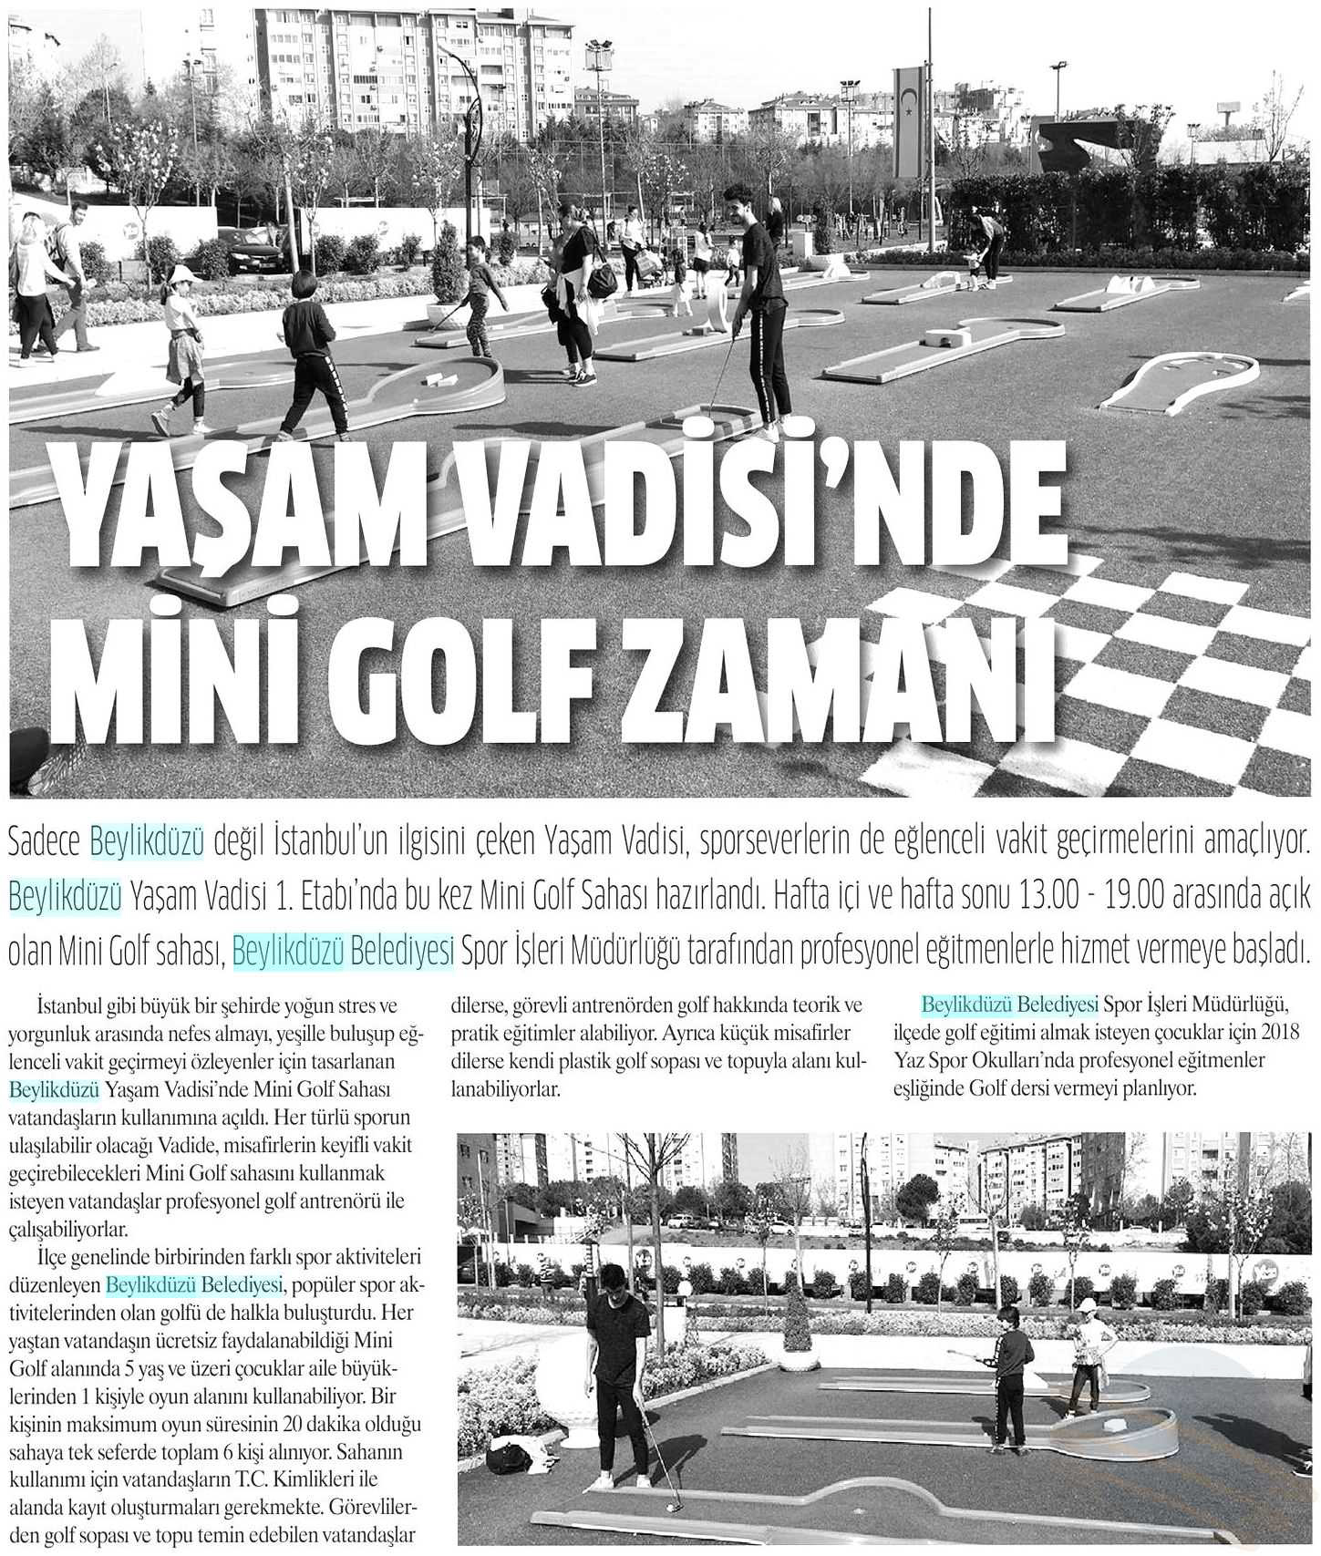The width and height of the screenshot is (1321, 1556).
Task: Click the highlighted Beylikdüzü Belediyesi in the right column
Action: click(x=1009, y=1005)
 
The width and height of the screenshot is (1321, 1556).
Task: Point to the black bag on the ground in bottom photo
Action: click(x=509, y=1458)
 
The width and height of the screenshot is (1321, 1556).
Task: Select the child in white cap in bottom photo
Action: click(x=1088, y=1367)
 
